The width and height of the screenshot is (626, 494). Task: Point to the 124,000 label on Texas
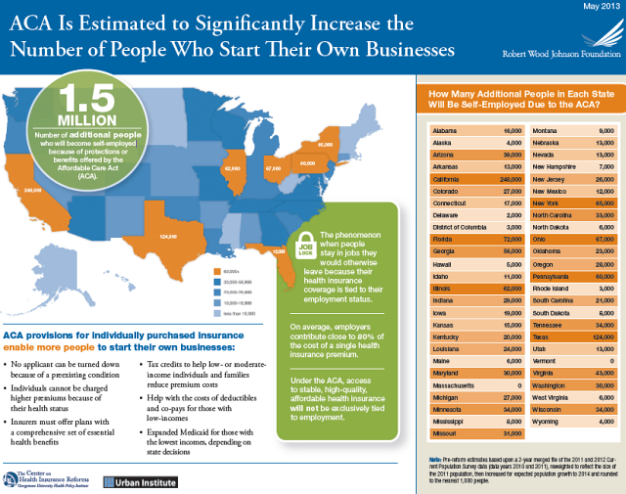[x=168, y=236]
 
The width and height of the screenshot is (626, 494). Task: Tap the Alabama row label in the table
[x=444, y=129]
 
